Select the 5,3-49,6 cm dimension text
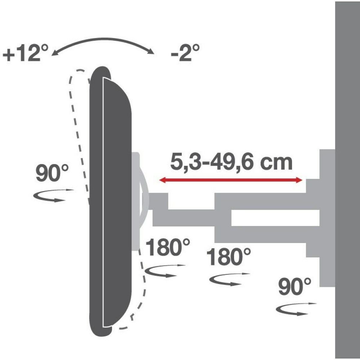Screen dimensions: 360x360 (231, 163)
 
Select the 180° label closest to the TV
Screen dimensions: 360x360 (168, 248)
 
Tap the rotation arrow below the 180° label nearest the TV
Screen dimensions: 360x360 (165, 270)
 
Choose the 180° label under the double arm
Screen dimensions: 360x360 (229, 257)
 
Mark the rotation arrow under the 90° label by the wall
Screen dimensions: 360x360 (295, 309)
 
